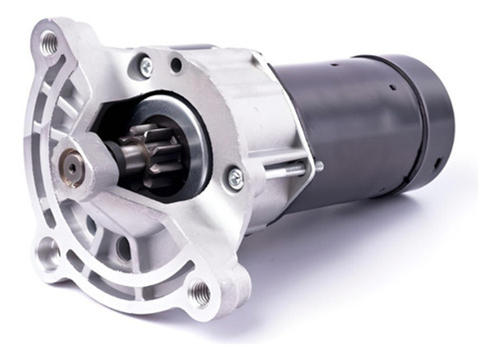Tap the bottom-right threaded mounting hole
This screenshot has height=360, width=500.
198,289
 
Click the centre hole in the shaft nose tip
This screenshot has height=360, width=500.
73,166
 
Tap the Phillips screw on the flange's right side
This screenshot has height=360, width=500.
235,176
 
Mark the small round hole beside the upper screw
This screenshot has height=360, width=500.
175,63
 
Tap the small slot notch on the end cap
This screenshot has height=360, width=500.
437,162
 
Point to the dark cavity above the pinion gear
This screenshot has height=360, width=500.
123,115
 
